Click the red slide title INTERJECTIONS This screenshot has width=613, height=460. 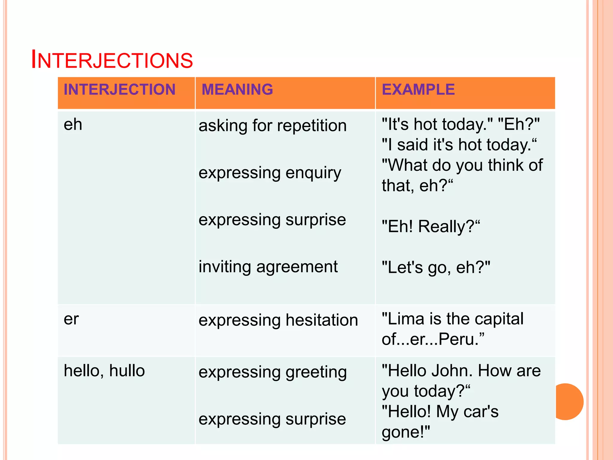pos(112,60)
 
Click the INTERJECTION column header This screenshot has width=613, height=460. pos(119,90)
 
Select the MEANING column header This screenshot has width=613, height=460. pos(237,90)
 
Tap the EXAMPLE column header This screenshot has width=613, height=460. pos(418,90)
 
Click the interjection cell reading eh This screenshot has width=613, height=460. pos(73,125)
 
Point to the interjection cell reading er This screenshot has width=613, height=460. pos(71,319)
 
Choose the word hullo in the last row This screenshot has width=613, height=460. pos(127,371)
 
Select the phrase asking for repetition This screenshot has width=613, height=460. pos(272,125)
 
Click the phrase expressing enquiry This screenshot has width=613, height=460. pos(270,173)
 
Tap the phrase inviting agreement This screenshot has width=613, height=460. pos(268,267)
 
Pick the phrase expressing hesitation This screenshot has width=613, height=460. pos(278,320)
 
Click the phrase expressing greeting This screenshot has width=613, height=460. pos(272,372)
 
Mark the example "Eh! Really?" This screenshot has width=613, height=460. pos(430,226)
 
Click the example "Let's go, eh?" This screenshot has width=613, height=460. pos(436,267)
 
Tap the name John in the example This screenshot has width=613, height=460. pos(452,371)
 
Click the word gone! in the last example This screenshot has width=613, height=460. pos(406,432)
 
